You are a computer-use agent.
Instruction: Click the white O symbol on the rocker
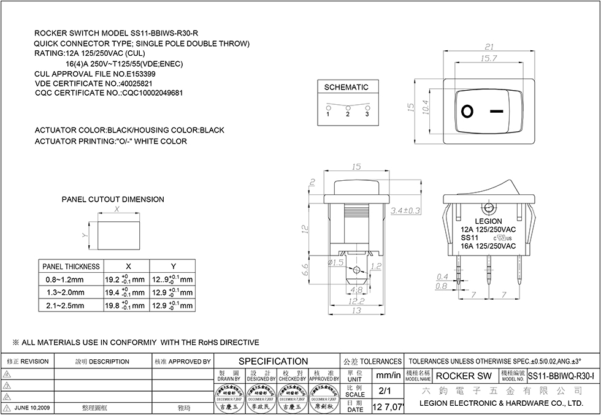tap(468, 111)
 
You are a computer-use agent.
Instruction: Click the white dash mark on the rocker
tap(497, 112)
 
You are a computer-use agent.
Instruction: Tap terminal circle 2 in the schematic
tap(348, 108)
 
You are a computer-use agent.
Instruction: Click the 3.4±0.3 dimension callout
tap(405, 210)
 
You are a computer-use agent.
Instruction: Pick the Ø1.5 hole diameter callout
tap(336, 263)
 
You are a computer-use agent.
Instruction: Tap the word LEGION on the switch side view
tap(488, 221)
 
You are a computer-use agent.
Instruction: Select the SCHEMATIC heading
tap(346, 87)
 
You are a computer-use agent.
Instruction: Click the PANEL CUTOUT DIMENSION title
tap(113, 199)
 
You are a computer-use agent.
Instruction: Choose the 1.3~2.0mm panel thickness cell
tap(65, 293)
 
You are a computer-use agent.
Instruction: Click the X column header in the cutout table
tap(128, 267)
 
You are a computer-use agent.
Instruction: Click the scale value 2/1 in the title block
tap(386, 390)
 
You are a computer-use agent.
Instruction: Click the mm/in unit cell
tap(388, 375)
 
